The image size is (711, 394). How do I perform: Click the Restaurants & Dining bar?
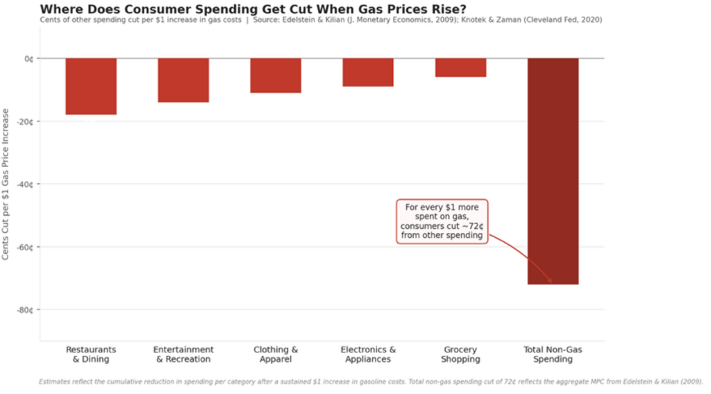(91, 86)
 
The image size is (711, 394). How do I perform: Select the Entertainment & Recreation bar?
(183, 80)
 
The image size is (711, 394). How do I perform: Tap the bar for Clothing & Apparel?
(276, 75)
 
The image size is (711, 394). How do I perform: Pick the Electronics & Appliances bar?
(368, 72)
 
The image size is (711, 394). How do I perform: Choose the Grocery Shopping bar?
(460, 67)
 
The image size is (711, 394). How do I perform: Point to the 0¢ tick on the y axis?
(28, 59)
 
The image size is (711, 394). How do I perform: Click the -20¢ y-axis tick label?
(26, 121)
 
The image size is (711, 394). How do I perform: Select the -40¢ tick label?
(26, 184)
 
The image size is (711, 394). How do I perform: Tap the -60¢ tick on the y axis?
(26, 247)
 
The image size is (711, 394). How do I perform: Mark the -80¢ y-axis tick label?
(26, 309)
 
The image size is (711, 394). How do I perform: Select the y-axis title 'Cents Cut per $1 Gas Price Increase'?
(6, 184)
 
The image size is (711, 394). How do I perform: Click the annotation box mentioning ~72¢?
(442, 221)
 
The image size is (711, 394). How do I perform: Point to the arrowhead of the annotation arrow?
(551, 282)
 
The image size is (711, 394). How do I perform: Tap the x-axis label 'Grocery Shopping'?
(460, 354)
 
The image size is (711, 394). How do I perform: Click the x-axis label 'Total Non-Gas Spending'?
(553, 354)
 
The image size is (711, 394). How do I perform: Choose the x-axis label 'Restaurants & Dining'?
(91, 354)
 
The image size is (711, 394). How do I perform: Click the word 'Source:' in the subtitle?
(267, 20)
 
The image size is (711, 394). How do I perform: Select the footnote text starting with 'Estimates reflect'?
(371, 381)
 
